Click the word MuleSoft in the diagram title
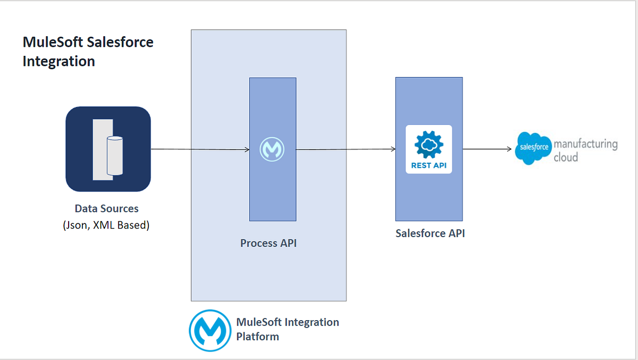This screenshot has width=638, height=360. (x=53, y=42)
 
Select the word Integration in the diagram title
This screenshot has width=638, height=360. (x=58, y=61)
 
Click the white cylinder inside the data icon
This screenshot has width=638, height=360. (x=115, y=156)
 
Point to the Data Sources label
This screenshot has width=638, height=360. (x=106, y=208)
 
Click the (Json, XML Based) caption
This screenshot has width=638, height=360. (x=106, y=225)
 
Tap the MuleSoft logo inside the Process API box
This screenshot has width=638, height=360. (x=272, y=149)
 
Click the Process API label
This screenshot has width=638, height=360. (x=268, y=243)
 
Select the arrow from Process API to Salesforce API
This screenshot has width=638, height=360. (x=346, y=149)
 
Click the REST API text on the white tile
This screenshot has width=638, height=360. (x=429, y=165)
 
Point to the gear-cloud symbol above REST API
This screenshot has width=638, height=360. (x=429, y=144)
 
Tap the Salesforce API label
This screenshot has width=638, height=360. (x=430, y=233)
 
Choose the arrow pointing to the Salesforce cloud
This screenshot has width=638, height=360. (x=487, y=149)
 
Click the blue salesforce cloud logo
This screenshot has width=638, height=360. (x=533, y=147)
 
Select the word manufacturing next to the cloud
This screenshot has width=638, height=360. (x=585, y=144)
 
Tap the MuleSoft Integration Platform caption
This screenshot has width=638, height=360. (x=287, y=329)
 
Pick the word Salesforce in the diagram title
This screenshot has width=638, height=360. (x=120, y=42)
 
